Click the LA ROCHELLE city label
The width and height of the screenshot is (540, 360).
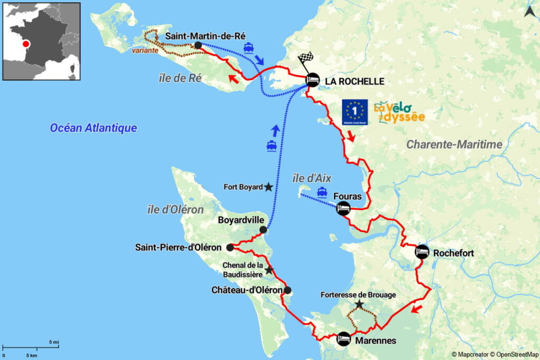pyautogui.click(x=354, y=81)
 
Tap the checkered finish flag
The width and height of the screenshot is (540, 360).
pyautogui.click(x=306, y=59)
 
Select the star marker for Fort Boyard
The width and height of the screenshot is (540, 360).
pyautogui.click(x=268, y=187)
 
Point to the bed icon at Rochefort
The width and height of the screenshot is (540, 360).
pyautogui.click(x=422, y=252)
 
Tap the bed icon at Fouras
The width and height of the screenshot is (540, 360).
pyautogui.click(x=343, y=208)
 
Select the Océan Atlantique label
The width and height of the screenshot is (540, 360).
pyautogui.click(x=93, y=128)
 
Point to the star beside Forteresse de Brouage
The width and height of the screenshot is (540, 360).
pyautogui.click(x=359, y=304)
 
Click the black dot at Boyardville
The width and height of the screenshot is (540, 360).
pyautogui.click(x=263, y=230)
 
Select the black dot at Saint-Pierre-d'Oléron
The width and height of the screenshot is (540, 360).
pyautogui.click(x=230, y=247)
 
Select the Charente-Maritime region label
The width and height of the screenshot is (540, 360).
pyautogui.click(x=454, y=144)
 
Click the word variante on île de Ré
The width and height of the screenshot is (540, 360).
pyautogui.click(x=144, y=51)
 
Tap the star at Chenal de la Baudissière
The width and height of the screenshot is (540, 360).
pyautogui.click(x=269, y=270)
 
